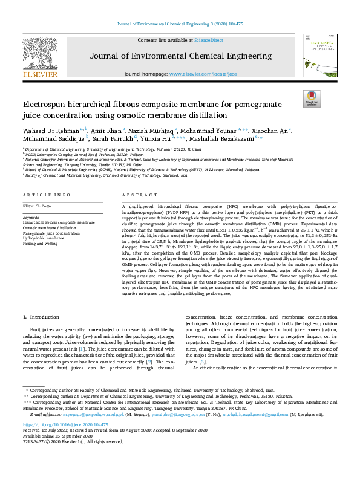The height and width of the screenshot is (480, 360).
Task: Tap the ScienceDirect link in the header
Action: pyautogui.click(x=208, y=40)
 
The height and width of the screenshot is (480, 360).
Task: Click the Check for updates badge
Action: pyautogui.click(x=312, y=99)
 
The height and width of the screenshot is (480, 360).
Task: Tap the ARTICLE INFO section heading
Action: pyautogui.click(x=45, y=195)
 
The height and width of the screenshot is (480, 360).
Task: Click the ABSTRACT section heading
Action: pyautogui.click(x=136, y=195)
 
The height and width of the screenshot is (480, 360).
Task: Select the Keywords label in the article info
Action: pyautogui.click(x=31, y=216)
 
